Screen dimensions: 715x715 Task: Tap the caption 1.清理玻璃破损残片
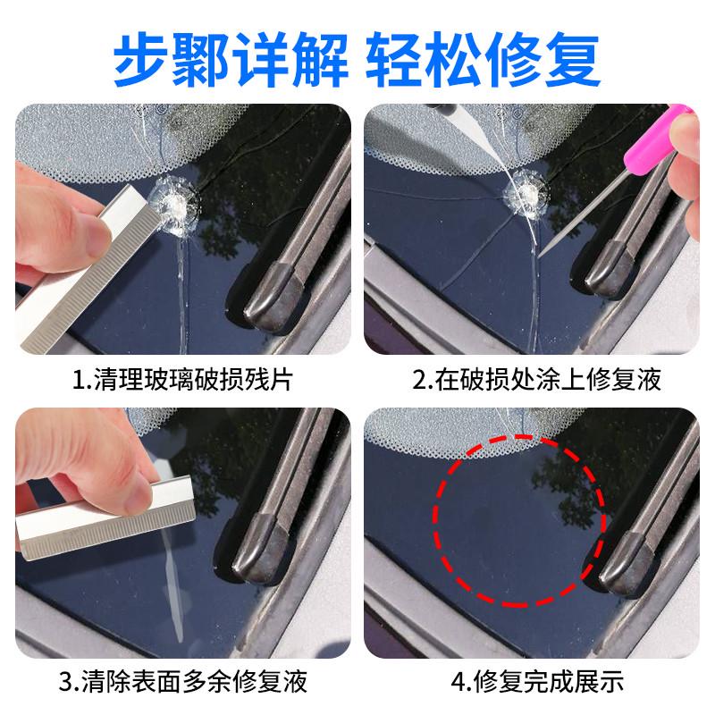pos(182,381)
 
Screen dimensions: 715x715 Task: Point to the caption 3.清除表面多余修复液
pos(182,684)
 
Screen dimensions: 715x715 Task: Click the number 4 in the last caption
pos(460,684)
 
